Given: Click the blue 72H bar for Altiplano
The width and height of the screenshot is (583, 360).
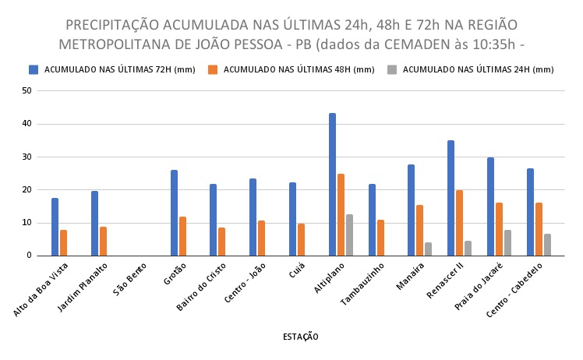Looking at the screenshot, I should (332, 185).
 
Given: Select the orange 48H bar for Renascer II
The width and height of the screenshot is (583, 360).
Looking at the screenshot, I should (460, 223).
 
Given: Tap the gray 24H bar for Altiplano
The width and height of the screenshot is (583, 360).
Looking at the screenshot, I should (349, 235).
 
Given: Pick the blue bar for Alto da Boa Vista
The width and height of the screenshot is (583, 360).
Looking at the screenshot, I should (55, 227).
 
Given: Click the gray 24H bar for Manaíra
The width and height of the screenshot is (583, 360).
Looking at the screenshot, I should (428, 249).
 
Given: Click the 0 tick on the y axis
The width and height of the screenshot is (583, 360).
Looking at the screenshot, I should (29, 256).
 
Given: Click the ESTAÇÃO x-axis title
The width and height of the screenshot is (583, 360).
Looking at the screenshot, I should (300, 337).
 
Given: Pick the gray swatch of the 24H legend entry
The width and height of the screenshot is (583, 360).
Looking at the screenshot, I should (393, 69).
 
